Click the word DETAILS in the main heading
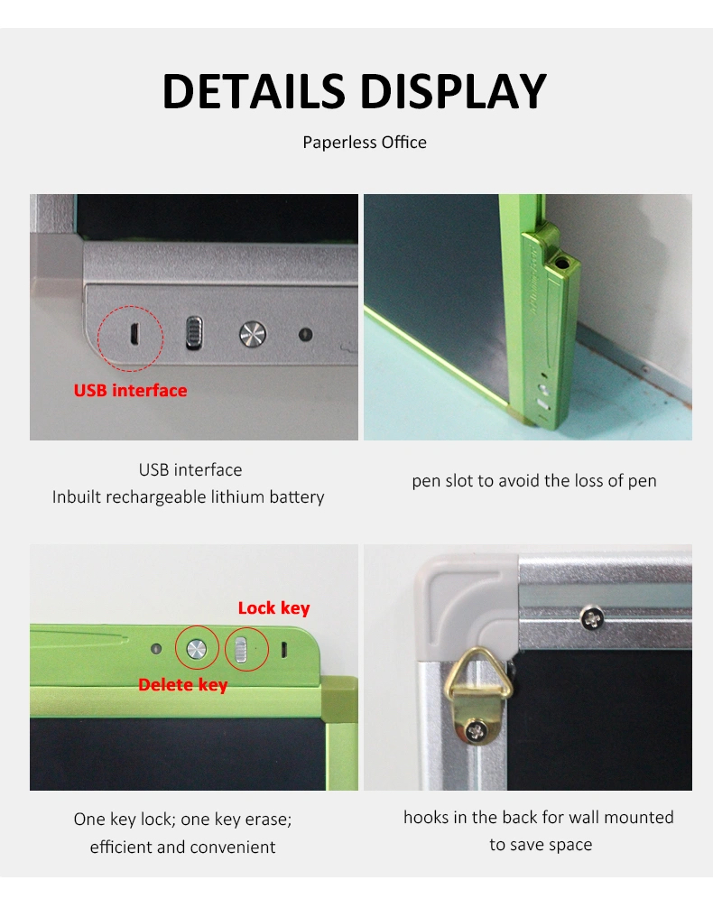point(254,91)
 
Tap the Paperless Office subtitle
point(365,143)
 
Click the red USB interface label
point(130,390)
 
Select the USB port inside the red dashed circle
point(134,335)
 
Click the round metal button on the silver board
point(253,334)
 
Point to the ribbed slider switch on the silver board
point(194,333)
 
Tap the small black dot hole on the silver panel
point(305,334)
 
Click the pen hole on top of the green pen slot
point(561,264)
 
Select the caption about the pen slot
point(534,481)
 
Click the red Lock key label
point(274,608)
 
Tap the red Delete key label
point(183,685)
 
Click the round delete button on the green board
point(197,649)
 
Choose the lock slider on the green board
point(242,650)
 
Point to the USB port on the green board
point(283,650)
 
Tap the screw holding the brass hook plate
point(477,731)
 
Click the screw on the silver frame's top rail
point(592,618)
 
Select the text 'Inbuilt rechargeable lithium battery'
point(189,496)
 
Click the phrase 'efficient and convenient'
point(182,848)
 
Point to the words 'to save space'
point(541,845)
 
